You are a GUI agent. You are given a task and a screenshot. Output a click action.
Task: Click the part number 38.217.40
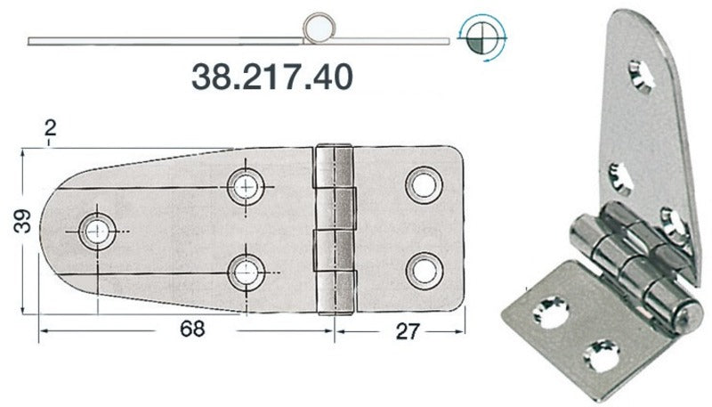pyautogui.click(x=273, y=77)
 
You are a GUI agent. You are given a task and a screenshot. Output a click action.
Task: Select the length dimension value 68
pyautogui.click(x=190, y=328)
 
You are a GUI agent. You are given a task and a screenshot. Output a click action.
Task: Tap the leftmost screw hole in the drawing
pyautogui.click(x=96, y=231)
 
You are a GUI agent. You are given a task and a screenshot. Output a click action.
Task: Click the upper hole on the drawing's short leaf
pyautogui.click(x=423, y=183)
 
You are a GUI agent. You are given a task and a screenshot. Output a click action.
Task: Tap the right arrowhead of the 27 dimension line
pyautogui.click(x=462, y=330)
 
